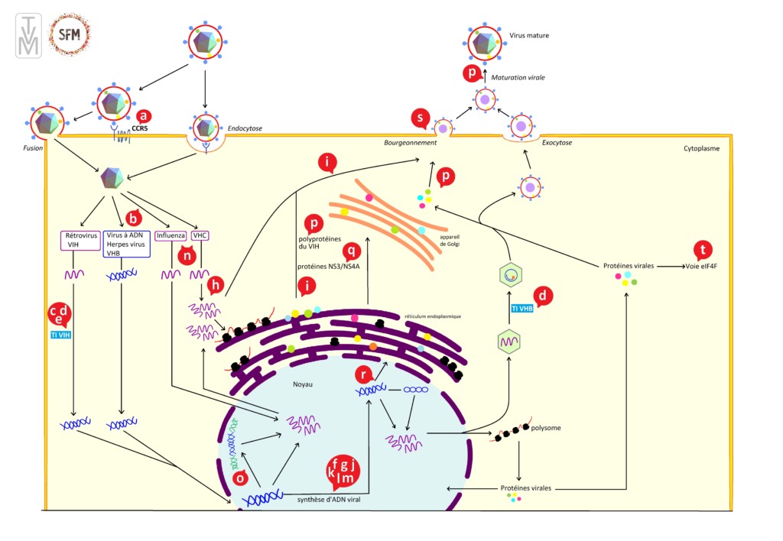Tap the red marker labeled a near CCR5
(x=143, y=116)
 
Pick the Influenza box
(x=171, y=235)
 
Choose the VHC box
(x=200, y=235)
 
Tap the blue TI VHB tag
(x=522, y=309)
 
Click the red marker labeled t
(x=702, y=250)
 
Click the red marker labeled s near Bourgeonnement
(x=420, y=118)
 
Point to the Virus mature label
(x=529, y=36)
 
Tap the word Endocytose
(x=245, y=129)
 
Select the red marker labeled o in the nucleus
(x=241, y=478)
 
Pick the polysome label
(x=547, y=428)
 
